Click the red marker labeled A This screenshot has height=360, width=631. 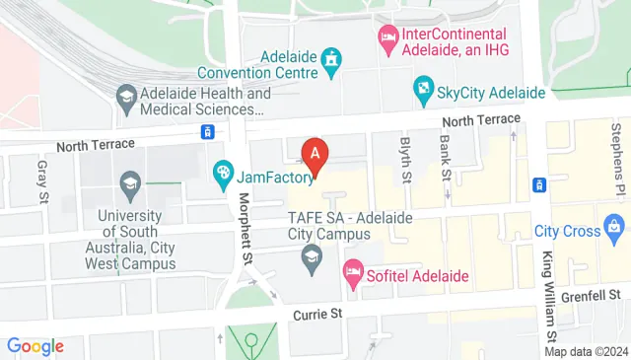(315, 155)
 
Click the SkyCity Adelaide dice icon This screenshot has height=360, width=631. (423, 92)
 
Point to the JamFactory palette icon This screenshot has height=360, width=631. (223, 176)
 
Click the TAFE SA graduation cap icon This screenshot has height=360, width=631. (312, 260)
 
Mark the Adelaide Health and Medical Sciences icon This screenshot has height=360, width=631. (125, 96)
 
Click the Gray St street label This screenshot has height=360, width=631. (42, 182)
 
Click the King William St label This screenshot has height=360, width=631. (548, 292)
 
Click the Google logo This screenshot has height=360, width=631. (35, 346)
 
